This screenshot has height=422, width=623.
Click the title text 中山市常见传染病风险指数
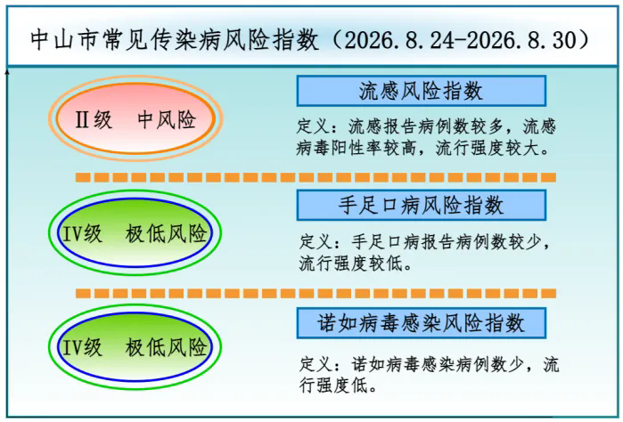click(x=175, y=40)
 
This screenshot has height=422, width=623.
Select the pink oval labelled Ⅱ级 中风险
click(x=135, y=118)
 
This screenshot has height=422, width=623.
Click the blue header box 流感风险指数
click(x=422, y=91)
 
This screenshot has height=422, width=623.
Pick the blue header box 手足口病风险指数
click(x=422, y=206)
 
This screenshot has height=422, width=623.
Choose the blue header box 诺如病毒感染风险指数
click(x=422, y=323)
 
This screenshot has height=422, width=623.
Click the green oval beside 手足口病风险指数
click(x=135, y=232)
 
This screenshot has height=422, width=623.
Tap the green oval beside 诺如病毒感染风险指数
click(x=135, y=347)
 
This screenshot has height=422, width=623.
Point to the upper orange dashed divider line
click(x=316, y=177)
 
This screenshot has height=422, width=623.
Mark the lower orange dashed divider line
click(x=316, y=294)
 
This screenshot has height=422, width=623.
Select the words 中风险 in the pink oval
click(x=167, y=119)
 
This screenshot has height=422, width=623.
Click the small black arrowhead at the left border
click(x=7, y=72)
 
